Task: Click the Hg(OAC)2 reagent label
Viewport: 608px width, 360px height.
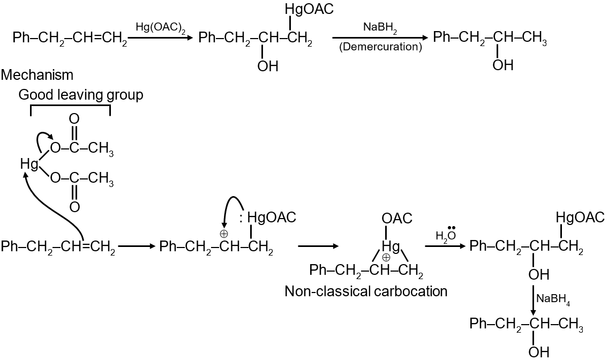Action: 161,27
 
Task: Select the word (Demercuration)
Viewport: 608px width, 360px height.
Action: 380,47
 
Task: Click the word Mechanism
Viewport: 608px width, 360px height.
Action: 37,75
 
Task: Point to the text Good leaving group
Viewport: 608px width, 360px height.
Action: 81,95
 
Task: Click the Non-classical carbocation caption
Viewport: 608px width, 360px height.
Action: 366,291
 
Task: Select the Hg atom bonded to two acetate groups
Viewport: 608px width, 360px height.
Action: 29,163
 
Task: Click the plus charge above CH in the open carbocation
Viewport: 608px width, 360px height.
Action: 223,233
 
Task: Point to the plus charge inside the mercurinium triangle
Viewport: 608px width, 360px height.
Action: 386,256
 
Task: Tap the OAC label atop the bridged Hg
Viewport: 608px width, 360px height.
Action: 397,219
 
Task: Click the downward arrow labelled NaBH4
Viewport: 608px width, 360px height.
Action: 534,300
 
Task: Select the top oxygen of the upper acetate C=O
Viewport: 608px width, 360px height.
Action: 74,118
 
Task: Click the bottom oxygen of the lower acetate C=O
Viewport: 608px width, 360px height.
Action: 74,207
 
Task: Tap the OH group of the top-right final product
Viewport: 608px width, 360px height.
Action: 502,65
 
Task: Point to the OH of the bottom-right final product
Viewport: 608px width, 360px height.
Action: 538,351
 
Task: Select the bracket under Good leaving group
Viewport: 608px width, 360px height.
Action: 70,109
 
